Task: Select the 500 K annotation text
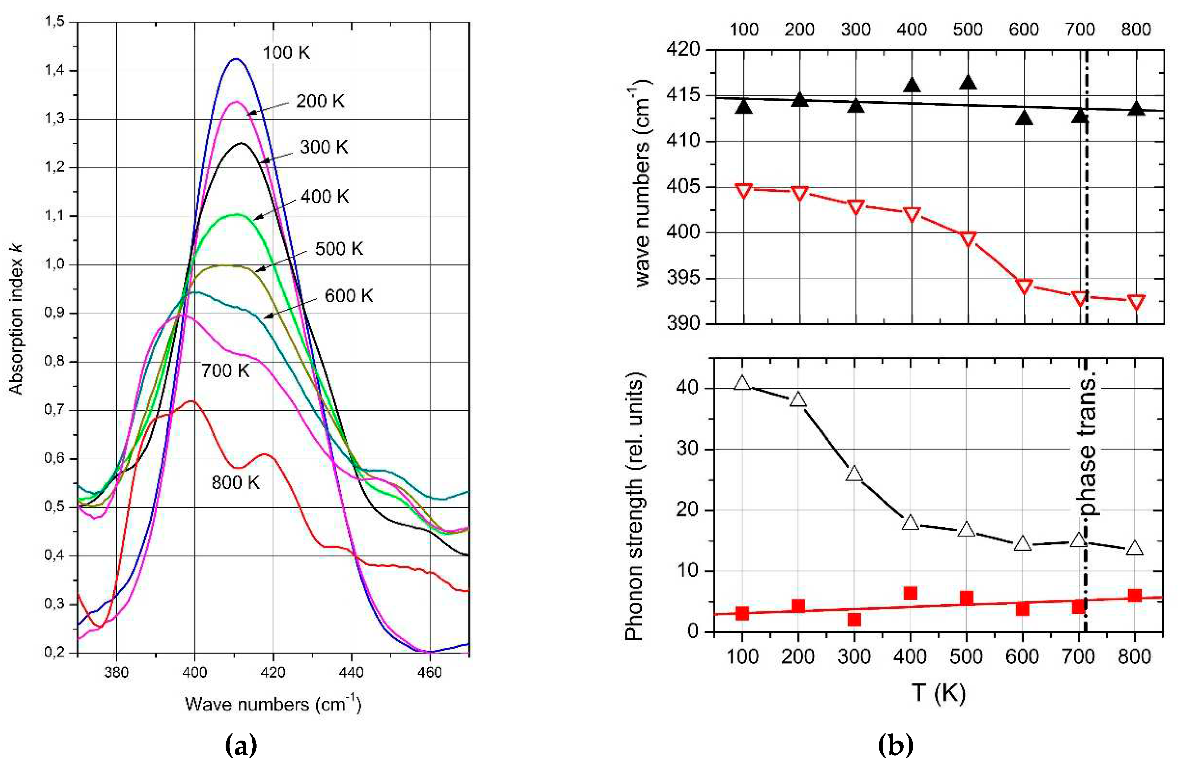pos(339,249)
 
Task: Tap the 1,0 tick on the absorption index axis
pos(55,264)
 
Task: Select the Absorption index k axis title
pos(16,319)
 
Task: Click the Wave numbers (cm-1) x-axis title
pos(273,704)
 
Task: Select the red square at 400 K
pos(910,593)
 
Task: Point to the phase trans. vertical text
pos(1087,446)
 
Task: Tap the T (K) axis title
pos(938,692)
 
